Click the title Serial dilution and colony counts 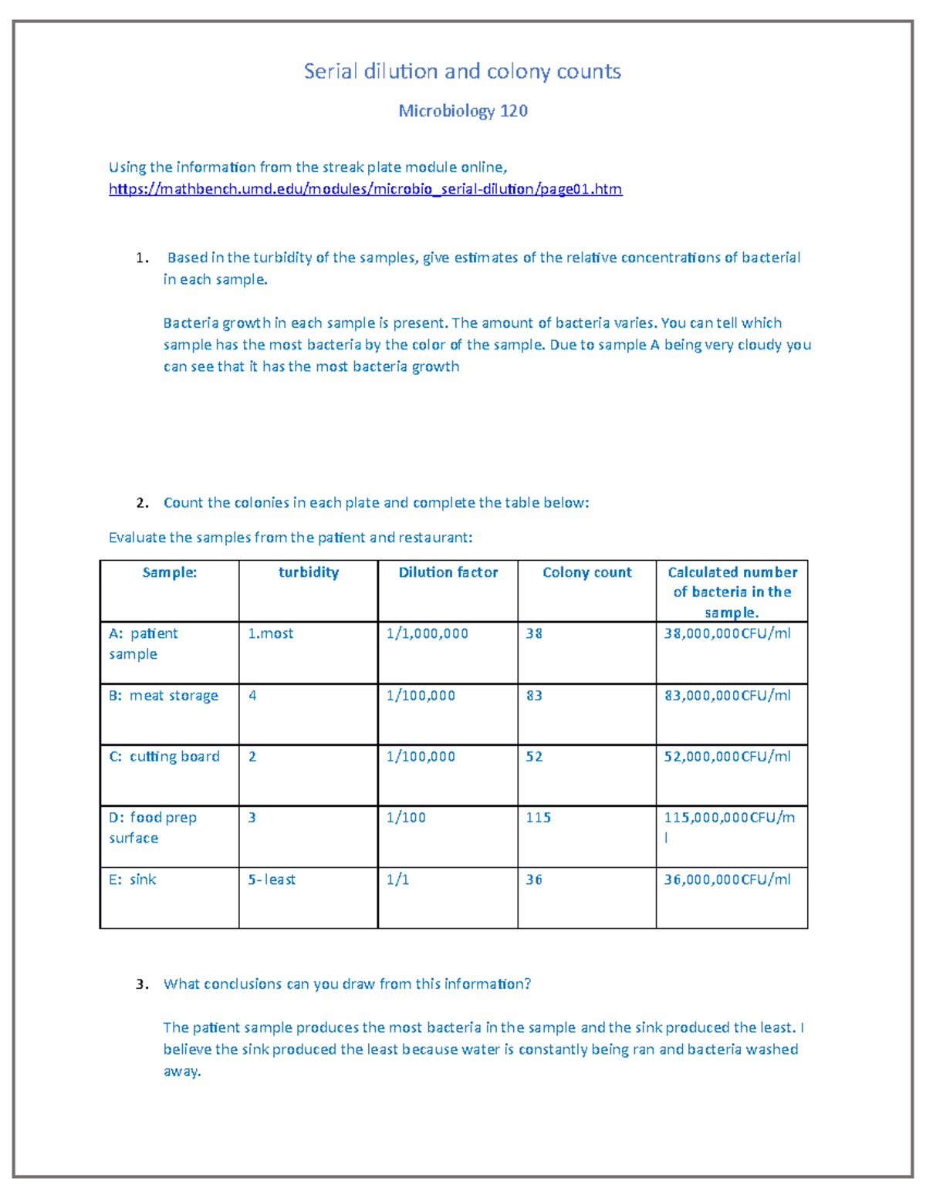pyautogui.click(x=462, y=72)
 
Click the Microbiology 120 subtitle pyautogui.click(x=463, y=111)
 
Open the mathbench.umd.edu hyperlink pyautogui.click(x=365, y=189)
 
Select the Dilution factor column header pyautogui.click(x=448, y=572)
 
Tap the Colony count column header pyautogui.click(x=586, y=572)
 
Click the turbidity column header pyautogui.click(x=308, y=572)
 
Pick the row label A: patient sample pyautogui.click(x=144, y=643)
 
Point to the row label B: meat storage pyautogui.click(x=164, y=696)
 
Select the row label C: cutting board pyautogui.click(x=164, y=757)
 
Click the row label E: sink pyautogui.click(x=133, y=879)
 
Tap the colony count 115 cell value pyautogui.click(x=538, y=818)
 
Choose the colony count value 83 pyautogui.click(x=534, y=696)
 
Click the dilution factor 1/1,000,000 pyautogui.click(x=427, y=634)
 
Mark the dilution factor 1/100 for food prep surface pyautogui.click(x=406, y=818)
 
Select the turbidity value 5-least pyautogui.click(x=272, y=879)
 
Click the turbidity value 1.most pyautogui.click(x=270, y=634)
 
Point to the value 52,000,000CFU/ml pyautogui.click(x=727, y=757)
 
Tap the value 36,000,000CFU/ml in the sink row pyautogui.click(x=727, y=879)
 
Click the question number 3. pyautogui.click(x=141, y=984)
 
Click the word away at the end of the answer pyautogui.click(x=182, y=1071)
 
